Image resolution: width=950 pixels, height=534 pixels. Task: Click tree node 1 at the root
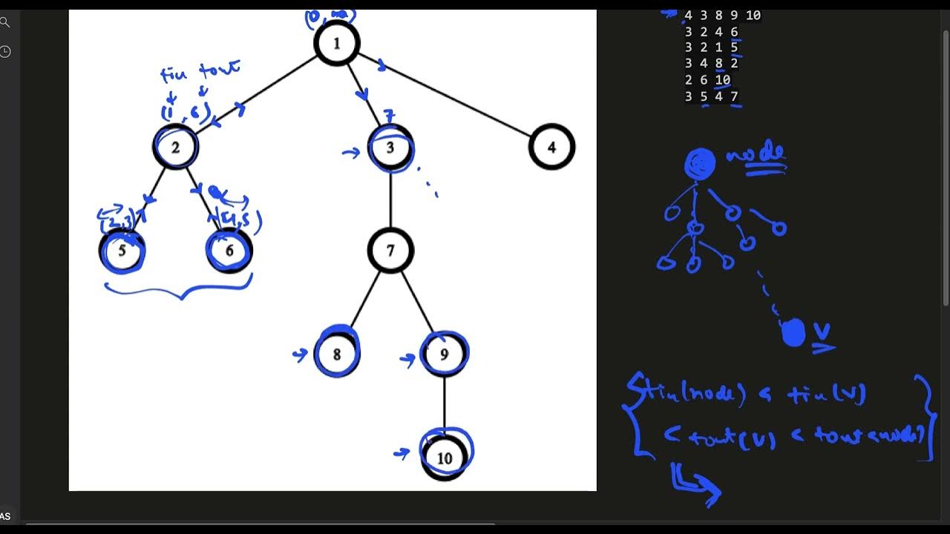336,43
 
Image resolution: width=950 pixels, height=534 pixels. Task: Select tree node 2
176,147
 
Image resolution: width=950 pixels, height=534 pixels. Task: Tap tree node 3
390,147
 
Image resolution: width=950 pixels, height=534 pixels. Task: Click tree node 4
551,147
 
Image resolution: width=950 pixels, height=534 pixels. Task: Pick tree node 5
122,251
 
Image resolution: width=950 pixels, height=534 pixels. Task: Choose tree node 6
229,251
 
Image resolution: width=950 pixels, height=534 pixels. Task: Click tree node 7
390,251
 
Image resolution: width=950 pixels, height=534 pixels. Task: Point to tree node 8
336,354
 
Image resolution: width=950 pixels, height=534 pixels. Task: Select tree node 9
444,354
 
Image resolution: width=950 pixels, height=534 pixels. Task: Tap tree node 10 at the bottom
444,458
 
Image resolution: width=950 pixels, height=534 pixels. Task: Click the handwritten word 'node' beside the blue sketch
756,154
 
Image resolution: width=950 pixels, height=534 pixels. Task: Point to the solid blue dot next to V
793,333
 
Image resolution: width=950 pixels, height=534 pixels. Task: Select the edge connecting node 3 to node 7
390,199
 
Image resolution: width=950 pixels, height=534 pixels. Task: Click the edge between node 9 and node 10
444,404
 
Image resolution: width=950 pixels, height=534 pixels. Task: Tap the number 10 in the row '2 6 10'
723,80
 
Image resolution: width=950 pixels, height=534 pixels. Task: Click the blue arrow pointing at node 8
300,355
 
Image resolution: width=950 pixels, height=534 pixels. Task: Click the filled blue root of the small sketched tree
699,163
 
